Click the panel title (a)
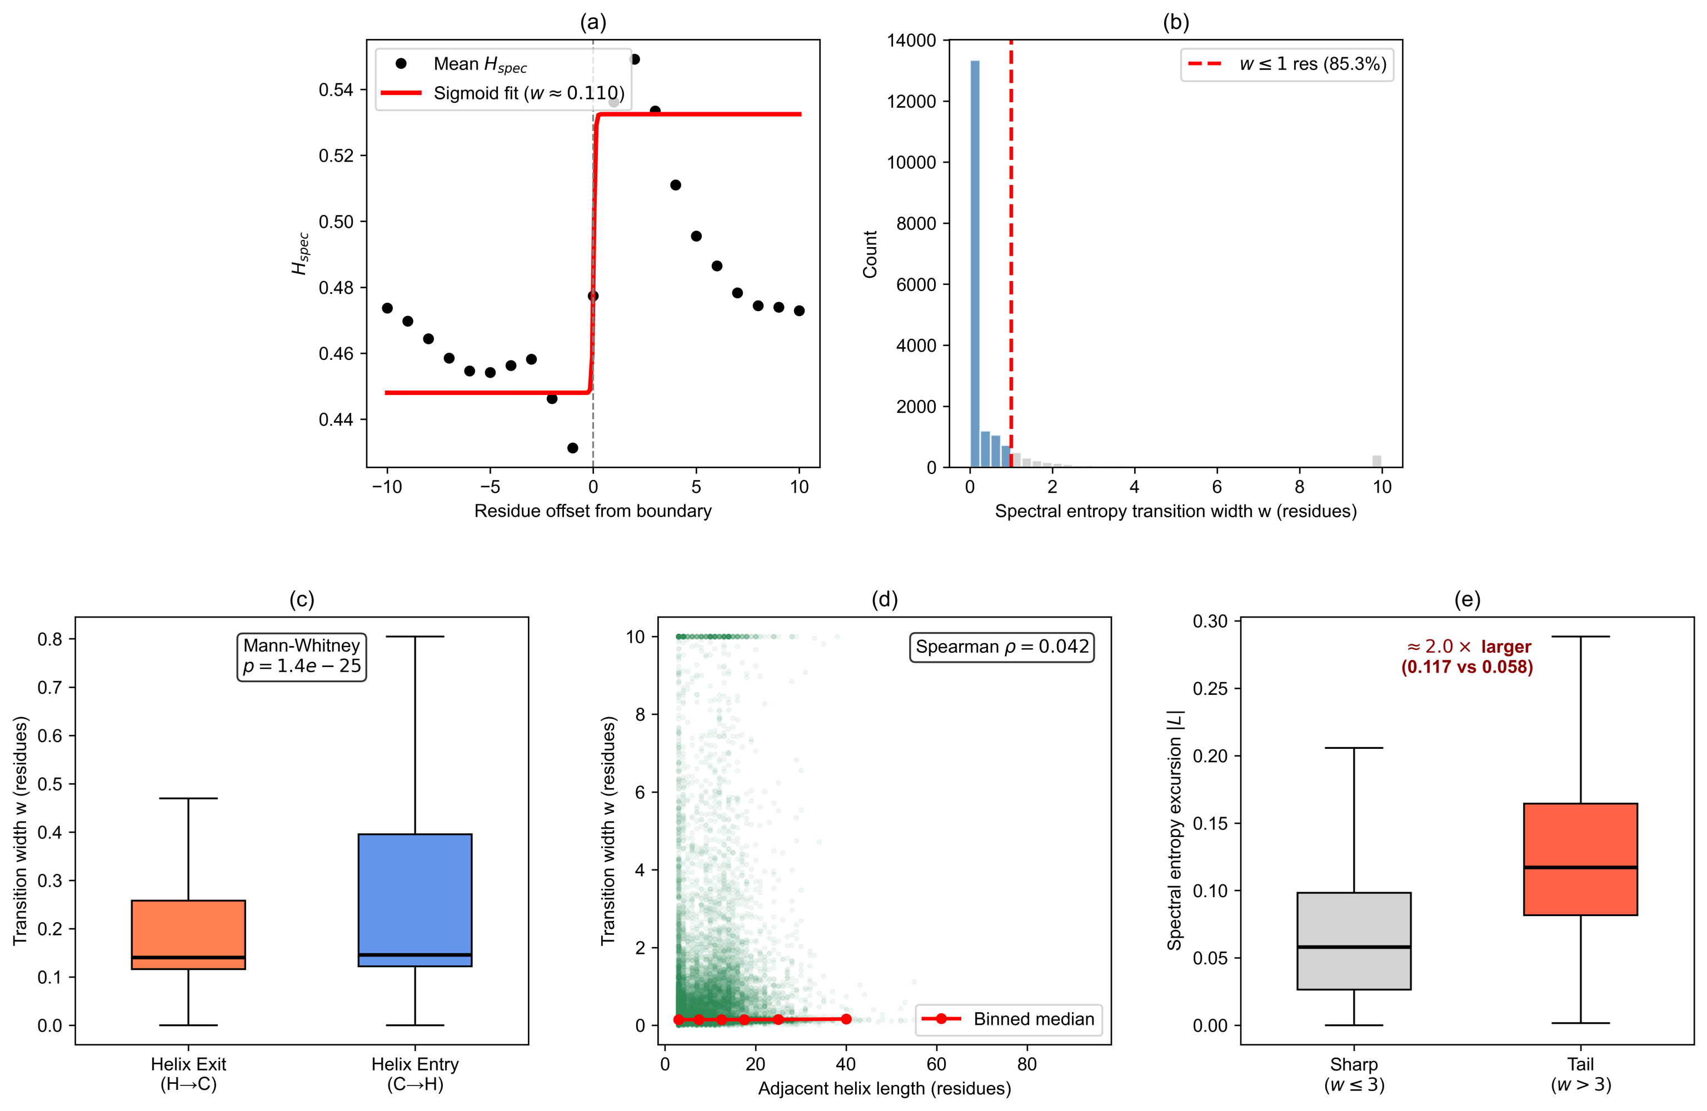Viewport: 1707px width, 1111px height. click(592, 23)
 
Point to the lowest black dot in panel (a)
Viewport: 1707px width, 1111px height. click(572, 448)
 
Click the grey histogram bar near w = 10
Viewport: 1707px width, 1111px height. click(1376, 461)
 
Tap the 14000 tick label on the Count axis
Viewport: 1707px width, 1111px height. click(911, 40)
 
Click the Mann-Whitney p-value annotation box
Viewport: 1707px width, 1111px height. click(301, 656)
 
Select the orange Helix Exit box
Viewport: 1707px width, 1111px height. click(188, 934)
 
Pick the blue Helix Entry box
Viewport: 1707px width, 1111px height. click(415, 899)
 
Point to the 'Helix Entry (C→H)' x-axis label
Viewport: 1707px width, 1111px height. click(415, 1074)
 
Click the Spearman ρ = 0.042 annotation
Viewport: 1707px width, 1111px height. click(1001, 647)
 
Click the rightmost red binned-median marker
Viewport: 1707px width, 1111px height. click(846, 1019)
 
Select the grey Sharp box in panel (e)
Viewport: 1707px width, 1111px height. click(1354, 941)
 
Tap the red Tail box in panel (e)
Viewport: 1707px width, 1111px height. click(1580, 859)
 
